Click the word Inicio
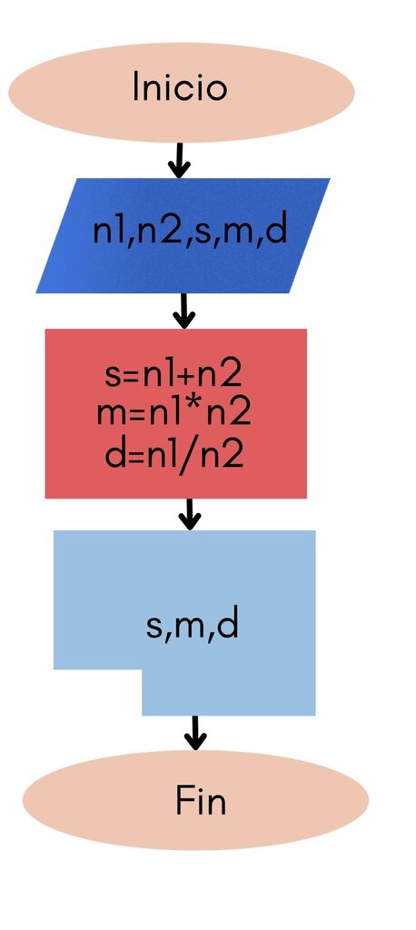[x=180, y=86]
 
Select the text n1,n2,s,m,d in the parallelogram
[x=190, y=232]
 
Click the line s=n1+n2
[x=173, y=375]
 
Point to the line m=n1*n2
[x=173, y=413]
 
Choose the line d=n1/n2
[x=173, y=454]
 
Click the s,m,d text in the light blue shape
[x=193, y=625]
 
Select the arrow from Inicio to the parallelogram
[x=179, y=160]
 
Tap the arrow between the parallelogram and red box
[x=183, y=311]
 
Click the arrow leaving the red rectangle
[x=189, y=514]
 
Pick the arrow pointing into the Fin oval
[x=194, y=733]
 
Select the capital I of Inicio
[x=136, y=86]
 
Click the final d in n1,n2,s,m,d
[x=276, y=230]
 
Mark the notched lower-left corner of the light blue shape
[x=142, y=669]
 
